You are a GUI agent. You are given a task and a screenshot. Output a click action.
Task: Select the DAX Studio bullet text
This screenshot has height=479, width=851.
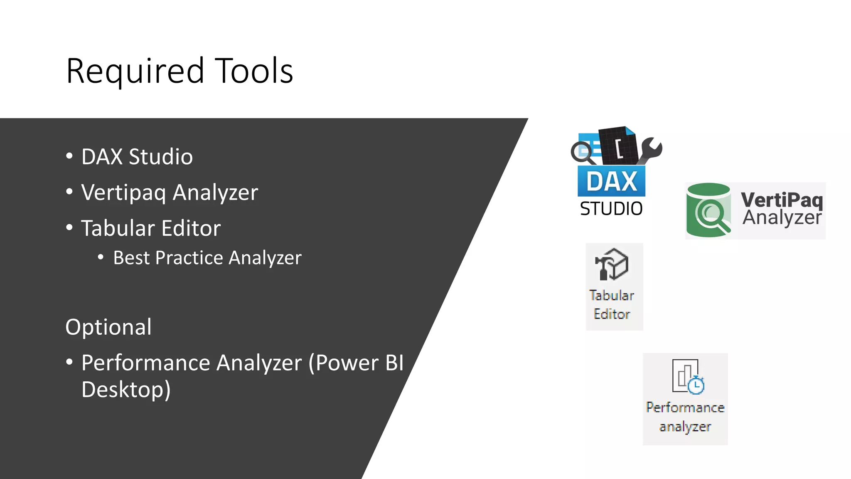[x=137, y=157]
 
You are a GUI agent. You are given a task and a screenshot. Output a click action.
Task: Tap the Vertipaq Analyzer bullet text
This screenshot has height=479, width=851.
[x=170, y=193]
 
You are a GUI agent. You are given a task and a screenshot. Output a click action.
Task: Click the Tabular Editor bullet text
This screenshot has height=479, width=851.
[x=151, y=228]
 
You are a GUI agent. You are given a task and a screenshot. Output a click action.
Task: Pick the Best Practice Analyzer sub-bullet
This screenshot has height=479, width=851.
[x=207, y=258]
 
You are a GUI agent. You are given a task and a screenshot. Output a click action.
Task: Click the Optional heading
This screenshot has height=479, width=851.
[x=108, y=327]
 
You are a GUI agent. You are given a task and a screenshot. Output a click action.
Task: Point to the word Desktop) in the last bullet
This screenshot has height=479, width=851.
[x=126, y=390]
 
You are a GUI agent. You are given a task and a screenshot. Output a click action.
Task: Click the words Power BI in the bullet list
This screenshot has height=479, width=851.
[x=359, y=363]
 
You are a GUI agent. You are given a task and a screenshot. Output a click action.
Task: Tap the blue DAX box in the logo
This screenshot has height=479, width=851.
[x=611, y=181]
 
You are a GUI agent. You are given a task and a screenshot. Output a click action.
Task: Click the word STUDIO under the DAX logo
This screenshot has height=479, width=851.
[x=611, y=209]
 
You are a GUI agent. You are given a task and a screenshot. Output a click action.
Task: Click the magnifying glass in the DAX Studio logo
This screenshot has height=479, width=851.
[x=582, y=152]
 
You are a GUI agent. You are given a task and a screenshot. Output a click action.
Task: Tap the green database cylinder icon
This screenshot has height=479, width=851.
[x=708, y=210]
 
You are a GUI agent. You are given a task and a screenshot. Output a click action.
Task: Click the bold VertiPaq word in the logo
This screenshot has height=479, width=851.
[x=782, y=200]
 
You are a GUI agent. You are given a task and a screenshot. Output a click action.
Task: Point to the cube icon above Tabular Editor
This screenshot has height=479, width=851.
[x=612, y=264]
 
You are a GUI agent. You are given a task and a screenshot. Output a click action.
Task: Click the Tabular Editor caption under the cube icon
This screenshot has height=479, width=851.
[x=612, y=305]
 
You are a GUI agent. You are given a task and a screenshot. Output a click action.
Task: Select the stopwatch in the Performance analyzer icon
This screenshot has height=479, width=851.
[x=696, y=385]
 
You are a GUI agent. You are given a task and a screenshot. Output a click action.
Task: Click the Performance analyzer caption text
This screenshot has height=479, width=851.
[x=685, y=417]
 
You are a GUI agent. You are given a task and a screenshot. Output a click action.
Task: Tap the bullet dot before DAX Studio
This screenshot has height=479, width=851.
[x=69, y=156]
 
